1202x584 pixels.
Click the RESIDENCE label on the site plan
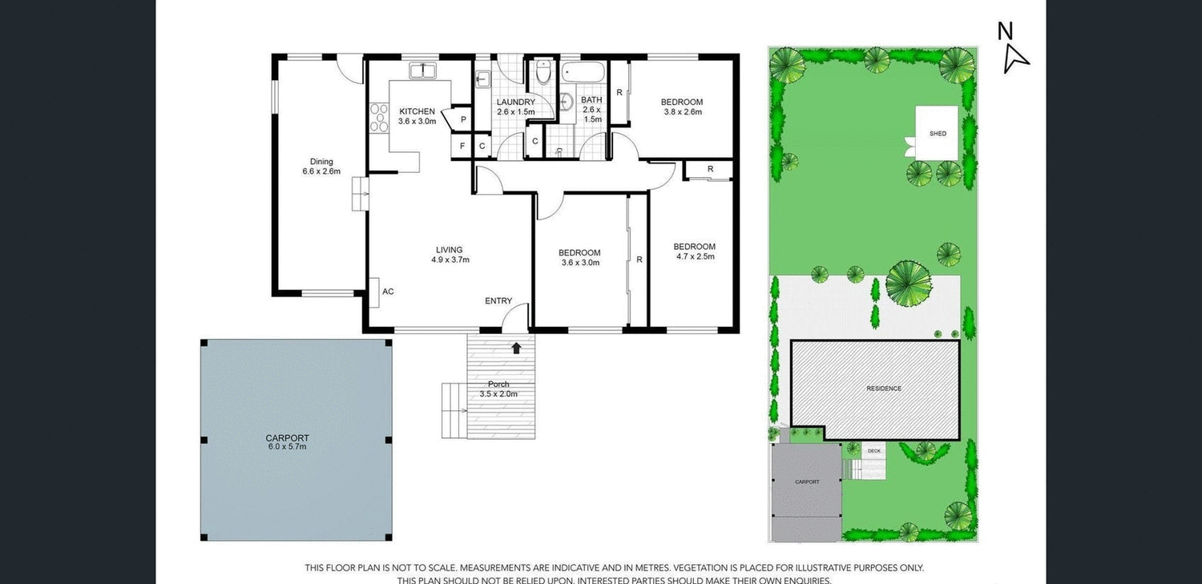(883, 389)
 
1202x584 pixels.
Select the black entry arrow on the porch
(516, 348)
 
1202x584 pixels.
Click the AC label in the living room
(388, 292)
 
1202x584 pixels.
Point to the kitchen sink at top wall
(422, 71)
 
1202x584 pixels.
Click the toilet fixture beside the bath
(543, 74)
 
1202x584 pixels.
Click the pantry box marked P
(463, 119)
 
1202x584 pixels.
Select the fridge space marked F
(462, 146)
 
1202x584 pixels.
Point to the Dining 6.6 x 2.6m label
(321, 166)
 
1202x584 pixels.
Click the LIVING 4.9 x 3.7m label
(449, 254)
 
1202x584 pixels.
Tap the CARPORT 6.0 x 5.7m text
(287, 441)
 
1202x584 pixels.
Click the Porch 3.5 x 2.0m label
(498, 389)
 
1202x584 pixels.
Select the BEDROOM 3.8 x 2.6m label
(682, 107)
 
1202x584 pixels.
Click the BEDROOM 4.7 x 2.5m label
(694, 252)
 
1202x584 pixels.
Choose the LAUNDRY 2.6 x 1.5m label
(515, 107)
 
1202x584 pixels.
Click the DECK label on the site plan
(873, 451)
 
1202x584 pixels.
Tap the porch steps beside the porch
(454, 409)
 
